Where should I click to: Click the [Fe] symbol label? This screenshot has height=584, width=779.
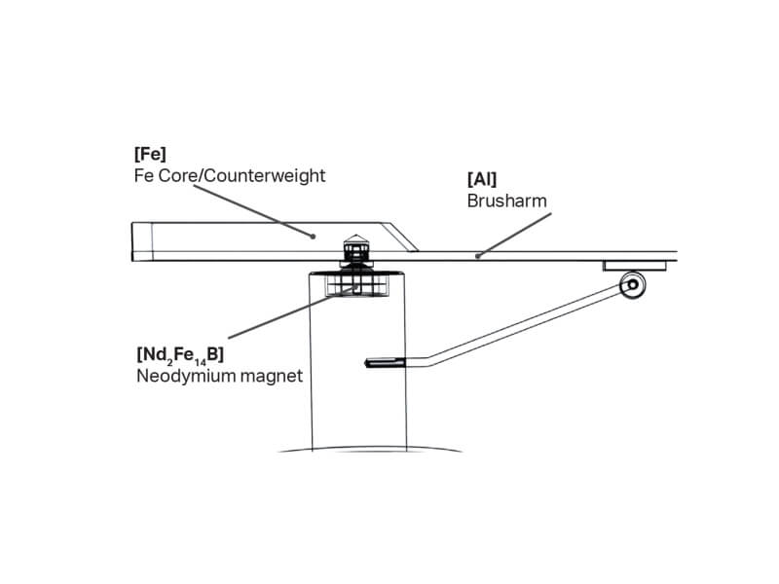(150, 154)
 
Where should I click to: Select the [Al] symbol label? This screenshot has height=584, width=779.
(482, 179)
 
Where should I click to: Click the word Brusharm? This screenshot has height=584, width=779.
(506, 201)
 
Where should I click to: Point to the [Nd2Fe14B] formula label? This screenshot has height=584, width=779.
(181, 354)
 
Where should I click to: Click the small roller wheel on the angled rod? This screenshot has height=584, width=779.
(634, 284)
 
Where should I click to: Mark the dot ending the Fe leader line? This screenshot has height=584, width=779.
(314, 235)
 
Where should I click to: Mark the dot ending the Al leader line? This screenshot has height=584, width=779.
(477, 256)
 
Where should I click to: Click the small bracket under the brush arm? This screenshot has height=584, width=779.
(634, 265)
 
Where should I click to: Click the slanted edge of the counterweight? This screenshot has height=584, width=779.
(398, 237)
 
